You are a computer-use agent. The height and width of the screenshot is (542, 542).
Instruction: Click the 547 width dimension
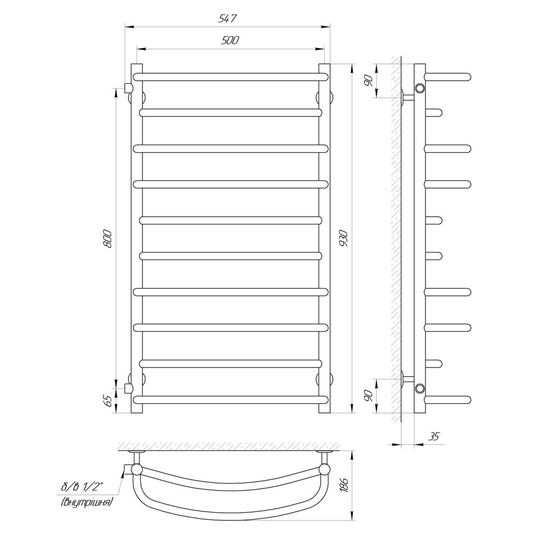(227, 18)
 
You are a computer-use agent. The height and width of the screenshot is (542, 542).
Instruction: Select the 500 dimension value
(230, 41)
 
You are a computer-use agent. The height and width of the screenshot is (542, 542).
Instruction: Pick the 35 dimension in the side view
(434, 436)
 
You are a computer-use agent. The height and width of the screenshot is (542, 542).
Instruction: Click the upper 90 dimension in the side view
(368, 80)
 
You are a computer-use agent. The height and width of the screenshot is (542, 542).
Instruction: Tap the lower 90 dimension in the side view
(368, 396)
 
